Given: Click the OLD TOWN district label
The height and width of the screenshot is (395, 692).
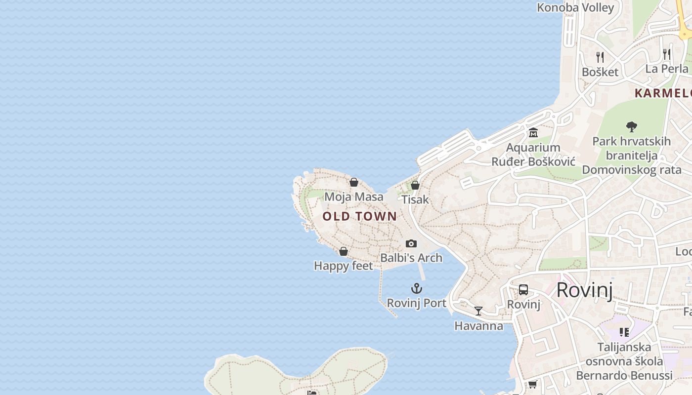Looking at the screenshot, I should click(x=359, y=216).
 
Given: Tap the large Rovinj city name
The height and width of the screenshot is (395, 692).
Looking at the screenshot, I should click(x=584, y=290).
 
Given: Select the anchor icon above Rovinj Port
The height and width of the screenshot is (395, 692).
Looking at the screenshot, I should click(x=417, y=288).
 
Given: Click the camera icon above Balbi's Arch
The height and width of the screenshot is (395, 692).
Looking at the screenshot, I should click(x=411, y=243).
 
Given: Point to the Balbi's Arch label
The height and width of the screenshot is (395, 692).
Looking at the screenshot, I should click(x=411, y=258).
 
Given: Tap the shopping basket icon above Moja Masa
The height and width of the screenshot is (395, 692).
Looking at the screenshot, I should click(x=354, y=182).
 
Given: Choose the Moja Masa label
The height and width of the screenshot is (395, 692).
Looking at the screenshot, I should click(x=354, y=197).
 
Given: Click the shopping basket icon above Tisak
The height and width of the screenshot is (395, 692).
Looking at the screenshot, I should click(x=415, y=185).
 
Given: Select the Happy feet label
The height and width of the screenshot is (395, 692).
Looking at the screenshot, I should click(x=344, y=266).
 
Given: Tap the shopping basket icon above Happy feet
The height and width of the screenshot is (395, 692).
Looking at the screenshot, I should click(x=344, y=252).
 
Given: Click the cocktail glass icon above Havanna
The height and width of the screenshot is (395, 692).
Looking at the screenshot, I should click(x=478, y=311).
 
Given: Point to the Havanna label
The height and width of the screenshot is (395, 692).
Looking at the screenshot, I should click(x=478, y=326).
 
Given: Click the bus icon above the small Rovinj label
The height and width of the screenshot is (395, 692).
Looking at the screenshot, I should click(x=523, y=290).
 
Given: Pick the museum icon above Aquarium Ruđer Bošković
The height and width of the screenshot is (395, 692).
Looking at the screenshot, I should click(x=533, y=133).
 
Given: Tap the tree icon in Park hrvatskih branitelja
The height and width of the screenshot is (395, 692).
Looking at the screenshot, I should click(x=631, y=127).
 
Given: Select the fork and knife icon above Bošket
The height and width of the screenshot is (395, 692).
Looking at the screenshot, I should click(x=600, y=57).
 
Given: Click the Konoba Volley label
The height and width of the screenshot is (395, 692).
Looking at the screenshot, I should click(x=575, y=7).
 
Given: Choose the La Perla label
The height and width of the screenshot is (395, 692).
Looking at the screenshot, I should click(x=667, y=69).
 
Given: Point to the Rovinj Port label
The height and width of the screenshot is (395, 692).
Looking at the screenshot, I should click(x=417, y=303).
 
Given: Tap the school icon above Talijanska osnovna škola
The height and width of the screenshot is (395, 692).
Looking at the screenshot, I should click(x=624, y=332).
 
